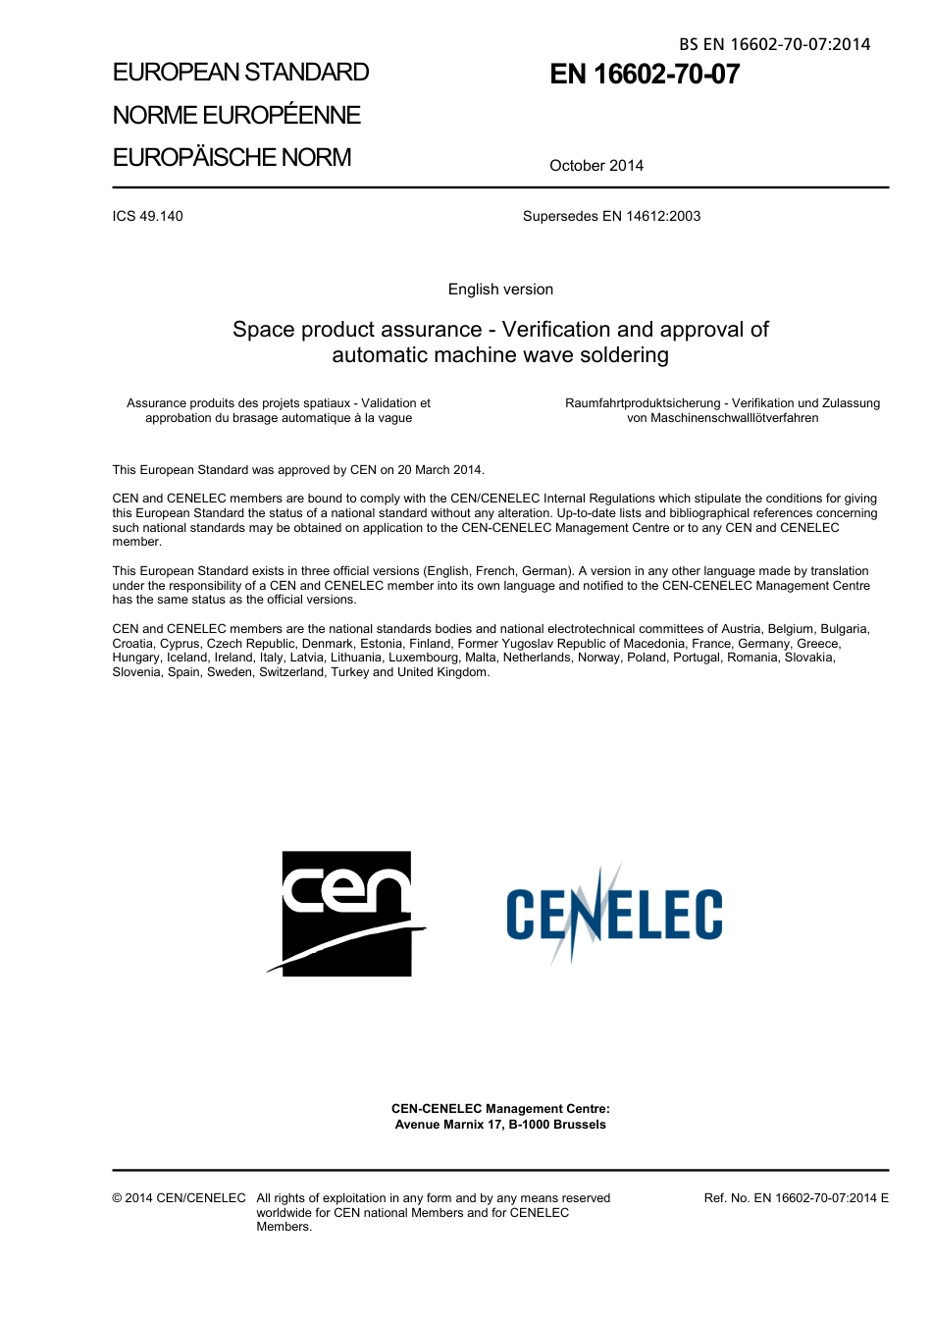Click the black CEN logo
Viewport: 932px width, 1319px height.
(346, 913)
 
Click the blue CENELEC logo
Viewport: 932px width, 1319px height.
(614, 914)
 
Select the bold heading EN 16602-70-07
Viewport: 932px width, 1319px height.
(645, 75)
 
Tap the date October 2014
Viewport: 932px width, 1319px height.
(596, 166)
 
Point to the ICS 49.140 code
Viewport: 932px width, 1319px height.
(147, 216)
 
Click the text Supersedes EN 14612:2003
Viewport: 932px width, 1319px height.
(611, 216)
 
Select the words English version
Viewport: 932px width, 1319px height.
(500, 290)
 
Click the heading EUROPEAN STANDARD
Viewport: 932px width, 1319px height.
(240, 73)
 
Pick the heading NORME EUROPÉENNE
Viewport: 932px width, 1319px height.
(236, 116)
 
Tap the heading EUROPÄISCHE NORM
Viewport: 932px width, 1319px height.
(232, 158)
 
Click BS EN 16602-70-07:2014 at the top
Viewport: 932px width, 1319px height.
(774, 44)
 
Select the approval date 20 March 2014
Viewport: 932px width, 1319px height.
(440, 470)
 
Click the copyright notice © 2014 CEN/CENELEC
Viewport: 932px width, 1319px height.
(179, 1198)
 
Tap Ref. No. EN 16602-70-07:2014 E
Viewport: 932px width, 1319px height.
(796, 1198)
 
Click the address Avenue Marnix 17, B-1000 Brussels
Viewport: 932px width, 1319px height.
(500, 1125)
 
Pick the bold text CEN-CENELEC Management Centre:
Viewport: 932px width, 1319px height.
(500, 1109)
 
